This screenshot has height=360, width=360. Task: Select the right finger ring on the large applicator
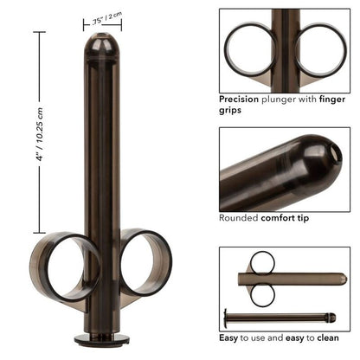145,264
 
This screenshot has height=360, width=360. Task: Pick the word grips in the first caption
230,111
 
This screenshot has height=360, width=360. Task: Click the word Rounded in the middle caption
239,218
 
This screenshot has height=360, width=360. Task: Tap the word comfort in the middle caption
282,218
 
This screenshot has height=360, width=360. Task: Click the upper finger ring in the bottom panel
262,262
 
